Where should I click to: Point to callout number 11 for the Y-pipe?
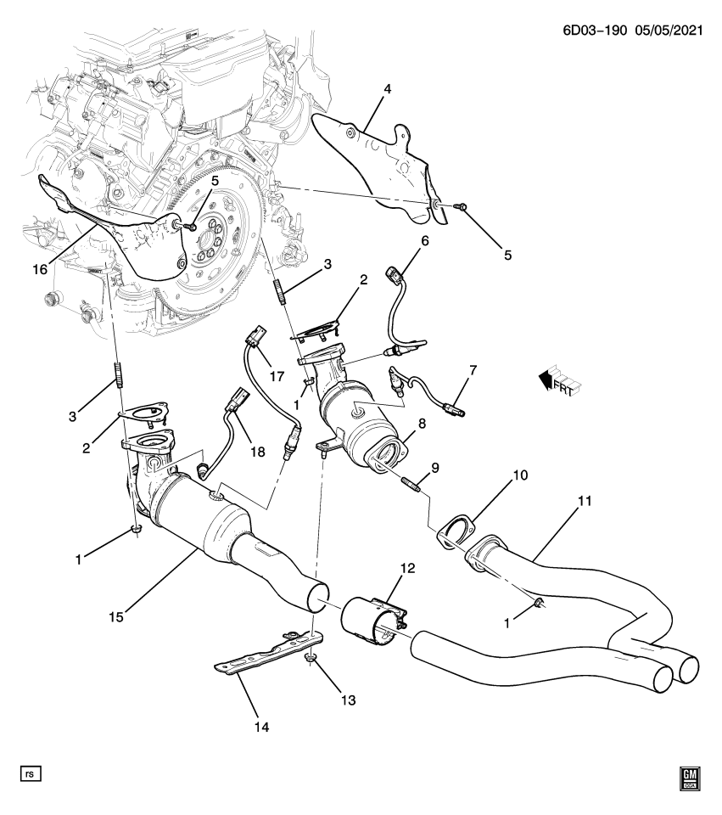[584, 500]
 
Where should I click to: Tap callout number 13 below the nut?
[347, 700]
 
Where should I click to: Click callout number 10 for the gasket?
[518, 475]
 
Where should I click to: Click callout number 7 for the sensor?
[473, 369]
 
